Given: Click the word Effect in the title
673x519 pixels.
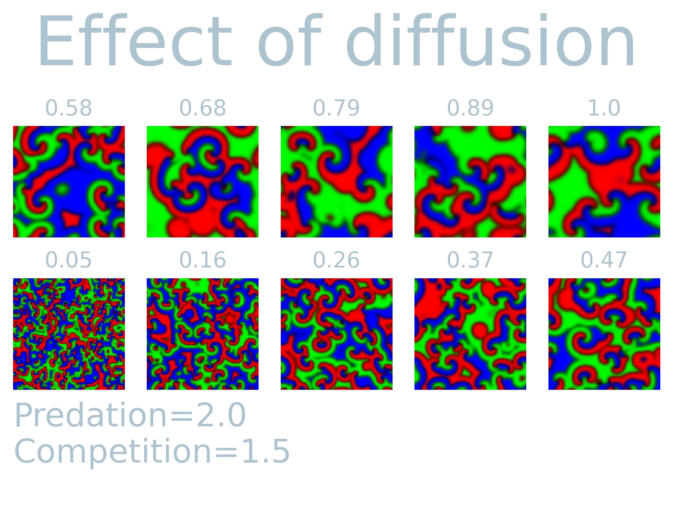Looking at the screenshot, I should (135, 40).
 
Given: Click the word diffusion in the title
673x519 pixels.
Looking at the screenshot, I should (491, 40).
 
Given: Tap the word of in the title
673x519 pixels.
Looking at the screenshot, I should (290, 40).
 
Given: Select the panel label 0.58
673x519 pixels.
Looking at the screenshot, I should (68, 108).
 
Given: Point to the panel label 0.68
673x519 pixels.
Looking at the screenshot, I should (203, 108).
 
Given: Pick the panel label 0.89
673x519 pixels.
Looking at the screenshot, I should (469, 108).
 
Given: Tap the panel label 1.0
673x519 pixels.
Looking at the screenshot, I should (604, 108).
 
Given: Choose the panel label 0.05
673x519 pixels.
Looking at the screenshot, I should (68, 260).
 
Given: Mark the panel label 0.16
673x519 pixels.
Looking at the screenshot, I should (203, 260).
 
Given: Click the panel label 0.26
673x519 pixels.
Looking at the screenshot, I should (336, 260).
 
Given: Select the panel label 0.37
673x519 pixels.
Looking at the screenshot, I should (469, 260).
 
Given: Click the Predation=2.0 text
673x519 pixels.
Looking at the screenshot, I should (130, 415).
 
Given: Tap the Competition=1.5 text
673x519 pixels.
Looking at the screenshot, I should (152, 451).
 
